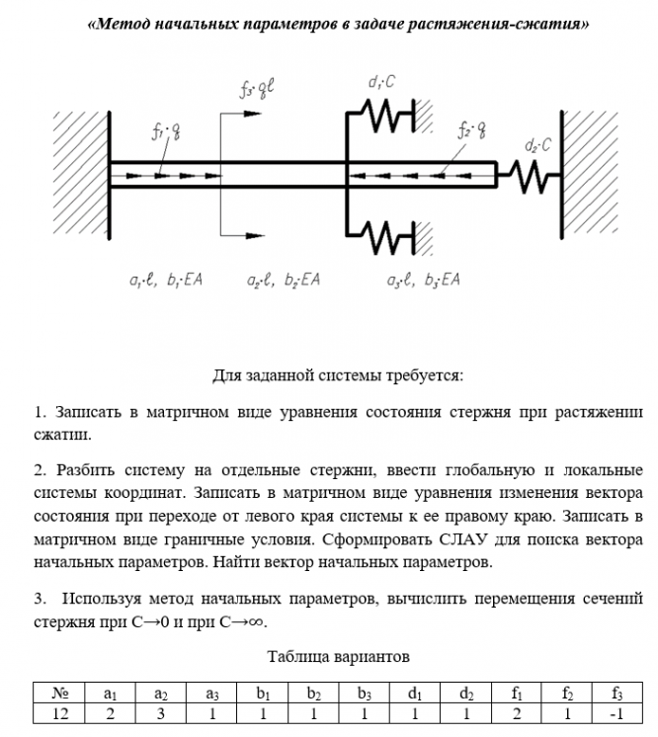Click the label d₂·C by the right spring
tap(536, 145)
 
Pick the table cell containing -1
tap(617, 713)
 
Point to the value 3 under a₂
tap(160, 713)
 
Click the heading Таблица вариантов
tap(338, 656)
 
